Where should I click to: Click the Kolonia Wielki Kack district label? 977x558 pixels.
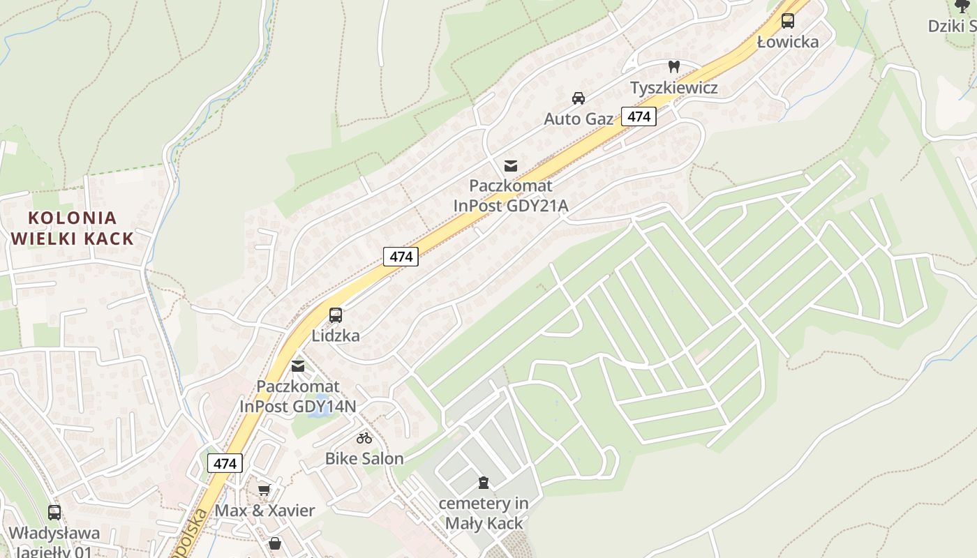72,228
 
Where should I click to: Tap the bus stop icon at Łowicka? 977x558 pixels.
788,21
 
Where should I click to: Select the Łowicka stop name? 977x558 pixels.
788,42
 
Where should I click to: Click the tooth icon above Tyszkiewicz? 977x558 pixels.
674,67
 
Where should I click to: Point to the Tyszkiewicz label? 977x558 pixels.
674,88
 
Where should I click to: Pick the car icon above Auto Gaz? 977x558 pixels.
579,98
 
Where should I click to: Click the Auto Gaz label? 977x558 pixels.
579,119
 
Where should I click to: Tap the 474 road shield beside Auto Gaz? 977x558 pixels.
639,116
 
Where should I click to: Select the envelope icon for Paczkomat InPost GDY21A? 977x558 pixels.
511,165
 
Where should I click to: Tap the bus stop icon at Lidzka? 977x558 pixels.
336,315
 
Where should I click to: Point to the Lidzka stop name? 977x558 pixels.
336,335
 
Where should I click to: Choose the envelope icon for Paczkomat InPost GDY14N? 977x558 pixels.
298,366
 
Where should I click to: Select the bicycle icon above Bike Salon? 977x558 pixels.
364,438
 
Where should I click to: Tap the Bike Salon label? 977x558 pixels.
364,458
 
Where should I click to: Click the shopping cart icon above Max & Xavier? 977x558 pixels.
264,490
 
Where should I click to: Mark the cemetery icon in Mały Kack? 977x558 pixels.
483,483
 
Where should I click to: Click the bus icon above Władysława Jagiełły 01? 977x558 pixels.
54,513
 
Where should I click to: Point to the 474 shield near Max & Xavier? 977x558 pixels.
225,463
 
